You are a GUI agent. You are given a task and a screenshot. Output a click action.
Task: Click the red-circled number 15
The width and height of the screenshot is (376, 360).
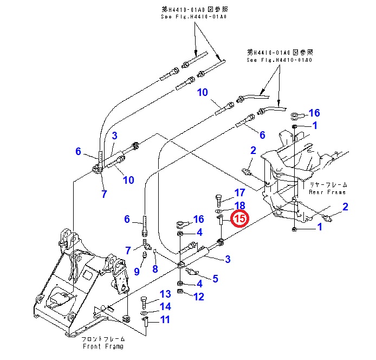point(239,218)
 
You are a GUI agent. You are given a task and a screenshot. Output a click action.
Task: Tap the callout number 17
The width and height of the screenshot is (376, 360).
point(239,193)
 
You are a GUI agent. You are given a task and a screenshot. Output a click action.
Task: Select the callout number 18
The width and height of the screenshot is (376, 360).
point(239,205)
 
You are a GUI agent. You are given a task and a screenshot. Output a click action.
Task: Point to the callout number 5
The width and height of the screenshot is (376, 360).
point(215,279)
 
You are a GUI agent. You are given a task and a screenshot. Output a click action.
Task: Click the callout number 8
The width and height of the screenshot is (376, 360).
point(155,268)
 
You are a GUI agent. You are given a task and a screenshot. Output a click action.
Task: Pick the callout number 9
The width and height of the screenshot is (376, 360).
point(137,271)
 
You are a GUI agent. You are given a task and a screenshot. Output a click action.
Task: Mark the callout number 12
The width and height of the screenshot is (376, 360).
point(199,297)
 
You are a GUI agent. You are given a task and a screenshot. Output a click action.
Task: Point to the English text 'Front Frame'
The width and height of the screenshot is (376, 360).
point(102,346)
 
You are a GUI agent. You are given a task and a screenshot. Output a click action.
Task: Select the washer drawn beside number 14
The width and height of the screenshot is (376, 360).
point(144,313)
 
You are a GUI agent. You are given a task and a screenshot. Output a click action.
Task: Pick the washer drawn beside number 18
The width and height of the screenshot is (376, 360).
point(219,209)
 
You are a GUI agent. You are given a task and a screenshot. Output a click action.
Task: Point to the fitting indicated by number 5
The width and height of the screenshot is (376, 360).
point(191,271)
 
